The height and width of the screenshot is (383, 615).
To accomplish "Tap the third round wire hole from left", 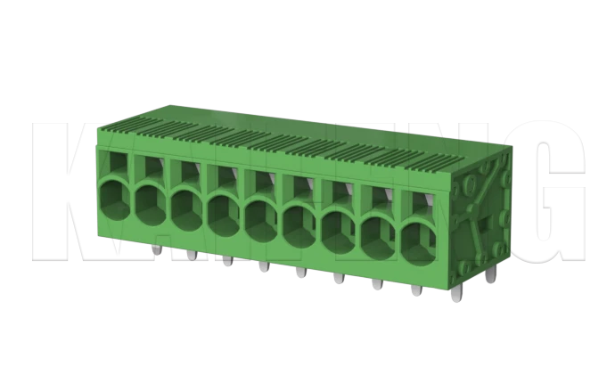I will (185, 208).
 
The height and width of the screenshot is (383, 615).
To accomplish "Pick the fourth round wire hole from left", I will (222, 213).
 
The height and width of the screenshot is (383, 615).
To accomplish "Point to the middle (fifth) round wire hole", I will (260, 217).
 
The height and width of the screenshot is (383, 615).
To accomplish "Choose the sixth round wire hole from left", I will (299, 222).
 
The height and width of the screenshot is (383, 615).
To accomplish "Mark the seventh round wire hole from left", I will (338, 227).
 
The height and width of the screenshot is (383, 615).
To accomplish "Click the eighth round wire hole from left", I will (378, 232).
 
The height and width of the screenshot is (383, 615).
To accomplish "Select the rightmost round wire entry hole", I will (418, 238).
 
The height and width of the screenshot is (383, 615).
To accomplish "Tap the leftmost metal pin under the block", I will (157, 250).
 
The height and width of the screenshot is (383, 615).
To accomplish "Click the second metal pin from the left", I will (191, 256).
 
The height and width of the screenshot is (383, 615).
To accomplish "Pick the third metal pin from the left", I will (227, 262).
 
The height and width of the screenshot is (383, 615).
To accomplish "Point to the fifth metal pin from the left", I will (300, 273).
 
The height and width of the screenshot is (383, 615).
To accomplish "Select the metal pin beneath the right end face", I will (493, 277).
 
